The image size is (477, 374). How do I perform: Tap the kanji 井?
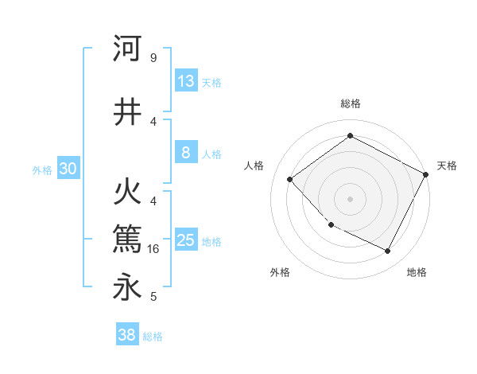coord(127,112)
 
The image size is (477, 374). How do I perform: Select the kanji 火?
coord(127,193)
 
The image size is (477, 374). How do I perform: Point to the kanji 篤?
coord(127,238)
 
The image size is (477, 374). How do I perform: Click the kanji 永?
coord(127,287)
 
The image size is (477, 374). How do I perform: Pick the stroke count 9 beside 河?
coord(153,58)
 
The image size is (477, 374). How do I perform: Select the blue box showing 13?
coord(185,81)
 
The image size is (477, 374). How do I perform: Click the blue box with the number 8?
coord(185,153)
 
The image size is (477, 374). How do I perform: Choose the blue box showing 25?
coord(185,240)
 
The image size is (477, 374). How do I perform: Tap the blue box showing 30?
coord(68,169)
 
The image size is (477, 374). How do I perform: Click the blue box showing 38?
coord(127,335)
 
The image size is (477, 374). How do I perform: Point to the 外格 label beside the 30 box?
coord(42,169)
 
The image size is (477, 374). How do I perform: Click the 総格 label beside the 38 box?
coord(153,337)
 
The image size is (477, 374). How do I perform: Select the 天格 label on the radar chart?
coord(447,166)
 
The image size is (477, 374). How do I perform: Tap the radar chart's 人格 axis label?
coord(254,166)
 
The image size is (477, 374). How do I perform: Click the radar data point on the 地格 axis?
coord(388,251)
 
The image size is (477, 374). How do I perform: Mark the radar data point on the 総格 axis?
coord(350,136)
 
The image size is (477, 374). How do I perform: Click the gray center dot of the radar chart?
coord(350,198)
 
